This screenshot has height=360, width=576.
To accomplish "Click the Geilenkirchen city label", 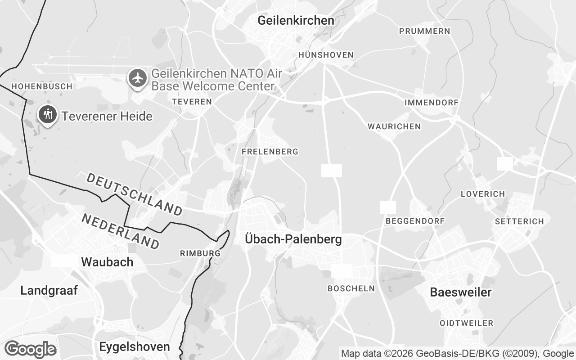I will [296, 20].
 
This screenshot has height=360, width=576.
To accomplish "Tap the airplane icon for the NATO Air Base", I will [138, 78].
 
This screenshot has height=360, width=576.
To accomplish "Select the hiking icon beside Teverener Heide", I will [47, 115].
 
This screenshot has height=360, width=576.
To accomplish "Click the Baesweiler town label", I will [461, 292].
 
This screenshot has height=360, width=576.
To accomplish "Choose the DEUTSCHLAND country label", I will [134, 193].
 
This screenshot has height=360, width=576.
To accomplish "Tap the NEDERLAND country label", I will [120, 231].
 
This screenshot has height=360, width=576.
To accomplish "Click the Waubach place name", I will [107, 262].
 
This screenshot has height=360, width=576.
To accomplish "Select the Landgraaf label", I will [49, 291].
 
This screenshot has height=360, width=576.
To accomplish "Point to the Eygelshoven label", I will [135, 347].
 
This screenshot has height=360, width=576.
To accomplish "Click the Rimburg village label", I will [200, 253].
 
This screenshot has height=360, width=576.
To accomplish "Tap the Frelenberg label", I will [270, 152].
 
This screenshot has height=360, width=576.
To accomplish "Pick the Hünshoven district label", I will [326, 55].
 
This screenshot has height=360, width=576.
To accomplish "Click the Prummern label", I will [424, 31].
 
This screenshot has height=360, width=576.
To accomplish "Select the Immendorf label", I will [431, 103].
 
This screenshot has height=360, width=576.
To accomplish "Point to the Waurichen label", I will [394, 126].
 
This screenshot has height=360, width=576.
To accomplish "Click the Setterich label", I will [519, 221].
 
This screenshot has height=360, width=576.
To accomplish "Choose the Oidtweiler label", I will [466, 323].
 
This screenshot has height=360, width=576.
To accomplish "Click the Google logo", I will [30, 349].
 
